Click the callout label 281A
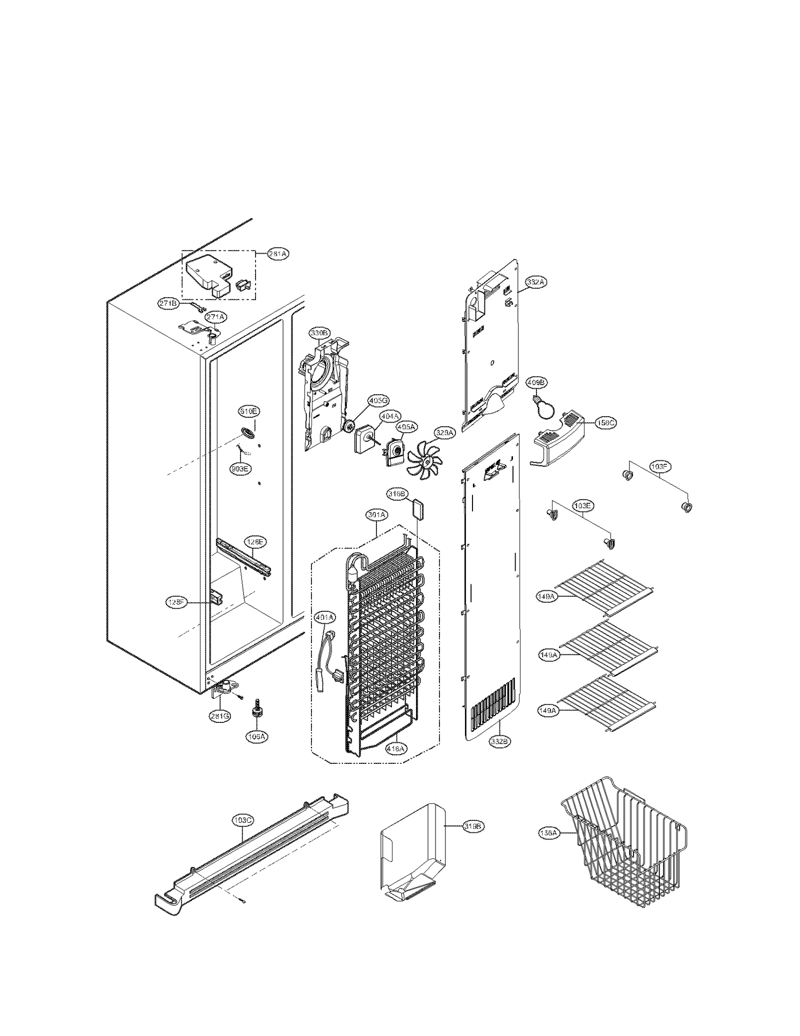(277, 254)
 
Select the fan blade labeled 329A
(424, 458)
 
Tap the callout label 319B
(472, 826)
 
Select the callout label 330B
(319, 333)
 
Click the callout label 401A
(324, 618)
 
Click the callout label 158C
(605, 423)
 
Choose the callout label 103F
(660, 467)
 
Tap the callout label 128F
(176, 603)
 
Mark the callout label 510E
(248, 411)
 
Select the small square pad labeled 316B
(417, 511)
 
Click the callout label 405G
(378, 400)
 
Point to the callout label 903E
(240, 469)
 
